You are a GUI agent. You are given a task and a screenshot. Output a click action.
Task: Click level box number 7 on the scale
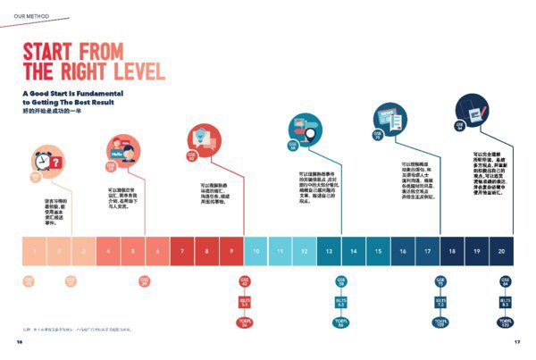pos(182,251)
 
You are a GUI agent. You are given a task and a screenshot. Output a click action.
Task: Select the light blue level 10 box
pos(256,251)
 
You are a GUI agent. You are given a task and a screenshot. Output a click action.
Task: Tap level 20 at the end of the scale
pos(501,251)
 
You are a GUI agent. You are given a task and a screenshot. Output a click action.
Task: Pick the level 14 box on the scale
pos(354,251)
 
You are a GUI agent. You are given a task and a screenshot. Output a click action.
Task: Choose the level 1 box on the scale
pos(34,251)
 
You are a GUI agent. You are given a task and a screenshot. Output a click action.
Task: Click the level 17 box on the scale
pos(428,251)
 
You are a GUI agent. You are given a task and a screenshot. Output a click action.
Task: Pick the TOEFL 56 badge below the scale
pos(244,323)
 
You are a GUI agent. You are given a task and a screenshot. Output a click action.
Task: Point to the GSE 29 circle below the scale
pos(145,281)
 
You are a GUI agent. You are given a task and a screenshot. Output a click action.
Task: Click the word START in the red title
pos(51,50)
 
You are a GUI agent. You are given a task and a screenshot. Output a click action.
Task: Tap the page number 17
pos(516,342)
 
